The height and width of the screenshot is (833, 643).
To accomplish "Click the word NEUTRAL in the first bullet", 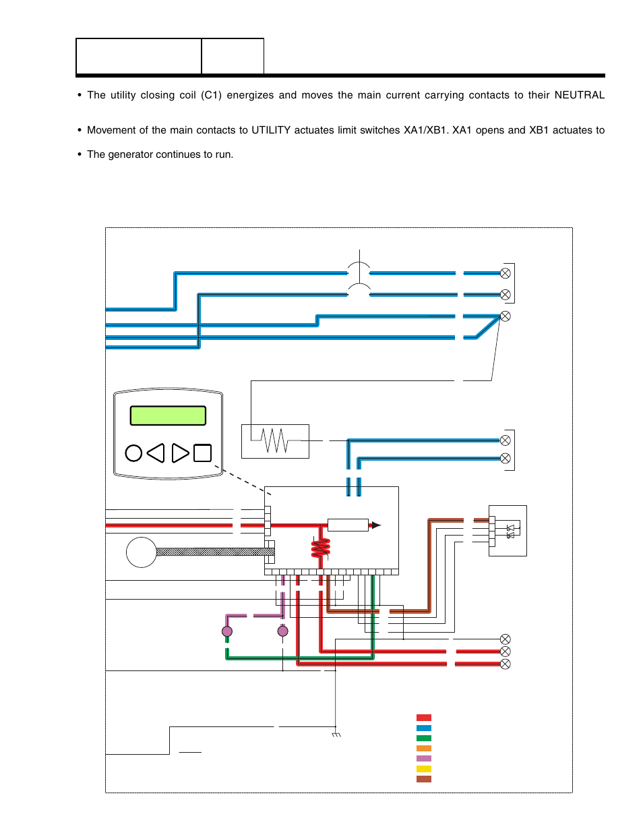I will click(579, 95).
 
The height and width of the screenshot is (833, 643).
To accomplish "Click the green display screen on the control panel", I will click(168, 415).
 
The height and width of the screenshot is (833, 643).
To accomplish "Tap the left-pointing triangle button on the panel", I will click(156, 453).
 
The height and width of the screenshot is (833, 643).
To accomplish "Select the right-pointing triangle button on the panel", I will click(180, 453).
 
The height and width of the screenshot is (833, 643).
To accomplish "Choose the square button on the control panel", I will click(202, 453).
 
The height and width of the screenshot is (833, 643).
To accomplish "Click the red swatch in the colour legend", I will click(424, 718).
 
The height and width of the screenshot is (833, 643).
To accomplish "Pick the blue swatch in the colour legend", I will click(424, 728).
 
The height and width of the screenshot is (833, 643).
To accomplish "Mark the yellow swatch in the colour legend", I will click(424, 769).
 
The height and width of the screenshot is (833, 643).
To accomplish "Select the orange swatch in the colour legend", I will click(424, 749).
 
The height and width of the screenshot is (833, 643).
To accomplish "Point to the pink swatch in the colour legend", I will click(424, 759).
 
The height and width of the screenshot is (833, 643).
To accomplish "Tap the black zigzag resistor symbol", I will click(275, 441).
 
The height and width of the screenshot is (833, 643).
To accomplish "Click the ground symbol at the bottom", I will click(336, 734).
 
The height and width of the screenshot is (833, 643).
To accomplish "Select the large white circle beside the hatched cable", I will click(142, 552).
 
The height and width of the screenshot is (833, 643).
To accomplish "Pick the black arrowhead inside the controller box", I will click(376, 525).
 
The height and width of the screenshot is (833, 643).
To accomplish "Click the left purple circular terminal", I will click(227, 632).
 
